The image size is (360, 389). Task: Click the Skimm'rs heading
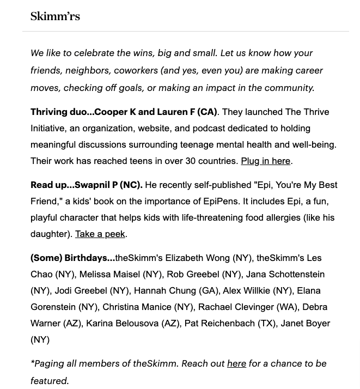[55, 16]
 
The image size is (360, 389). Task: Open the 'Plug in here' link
[265, 161]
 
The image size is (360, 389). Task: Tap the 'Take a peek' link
[100, 234]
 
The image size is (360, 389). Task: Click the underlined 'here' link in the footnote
[236, 363]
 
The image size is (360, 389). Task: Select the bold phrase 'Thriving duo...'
[62, 112]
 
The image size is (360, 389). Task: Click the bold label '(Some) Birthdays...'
[72, 258]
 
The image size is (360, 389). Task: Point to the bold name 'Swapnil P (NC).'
[108, 185]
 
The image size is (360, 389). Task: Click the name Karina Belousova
[122, 323]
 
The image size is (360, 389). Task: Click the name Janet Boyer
[306, 323]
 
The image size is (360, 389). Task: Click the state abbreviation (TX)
[267, 323]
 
